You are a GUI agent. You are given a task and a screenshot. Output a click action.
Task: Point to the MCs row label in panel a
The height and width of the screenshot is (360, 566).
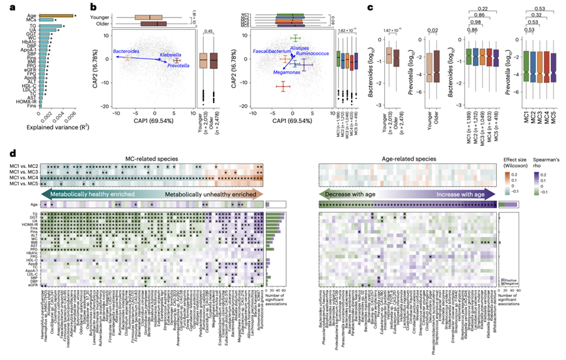(31, 20)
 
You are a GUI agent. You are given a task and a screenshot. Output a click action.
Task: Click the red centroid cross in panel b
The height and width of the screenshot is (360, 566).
(283, 86)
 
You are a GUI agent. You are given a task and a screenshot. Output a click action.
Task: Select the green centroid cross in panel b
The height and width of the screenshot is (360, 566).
(296, 37)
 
